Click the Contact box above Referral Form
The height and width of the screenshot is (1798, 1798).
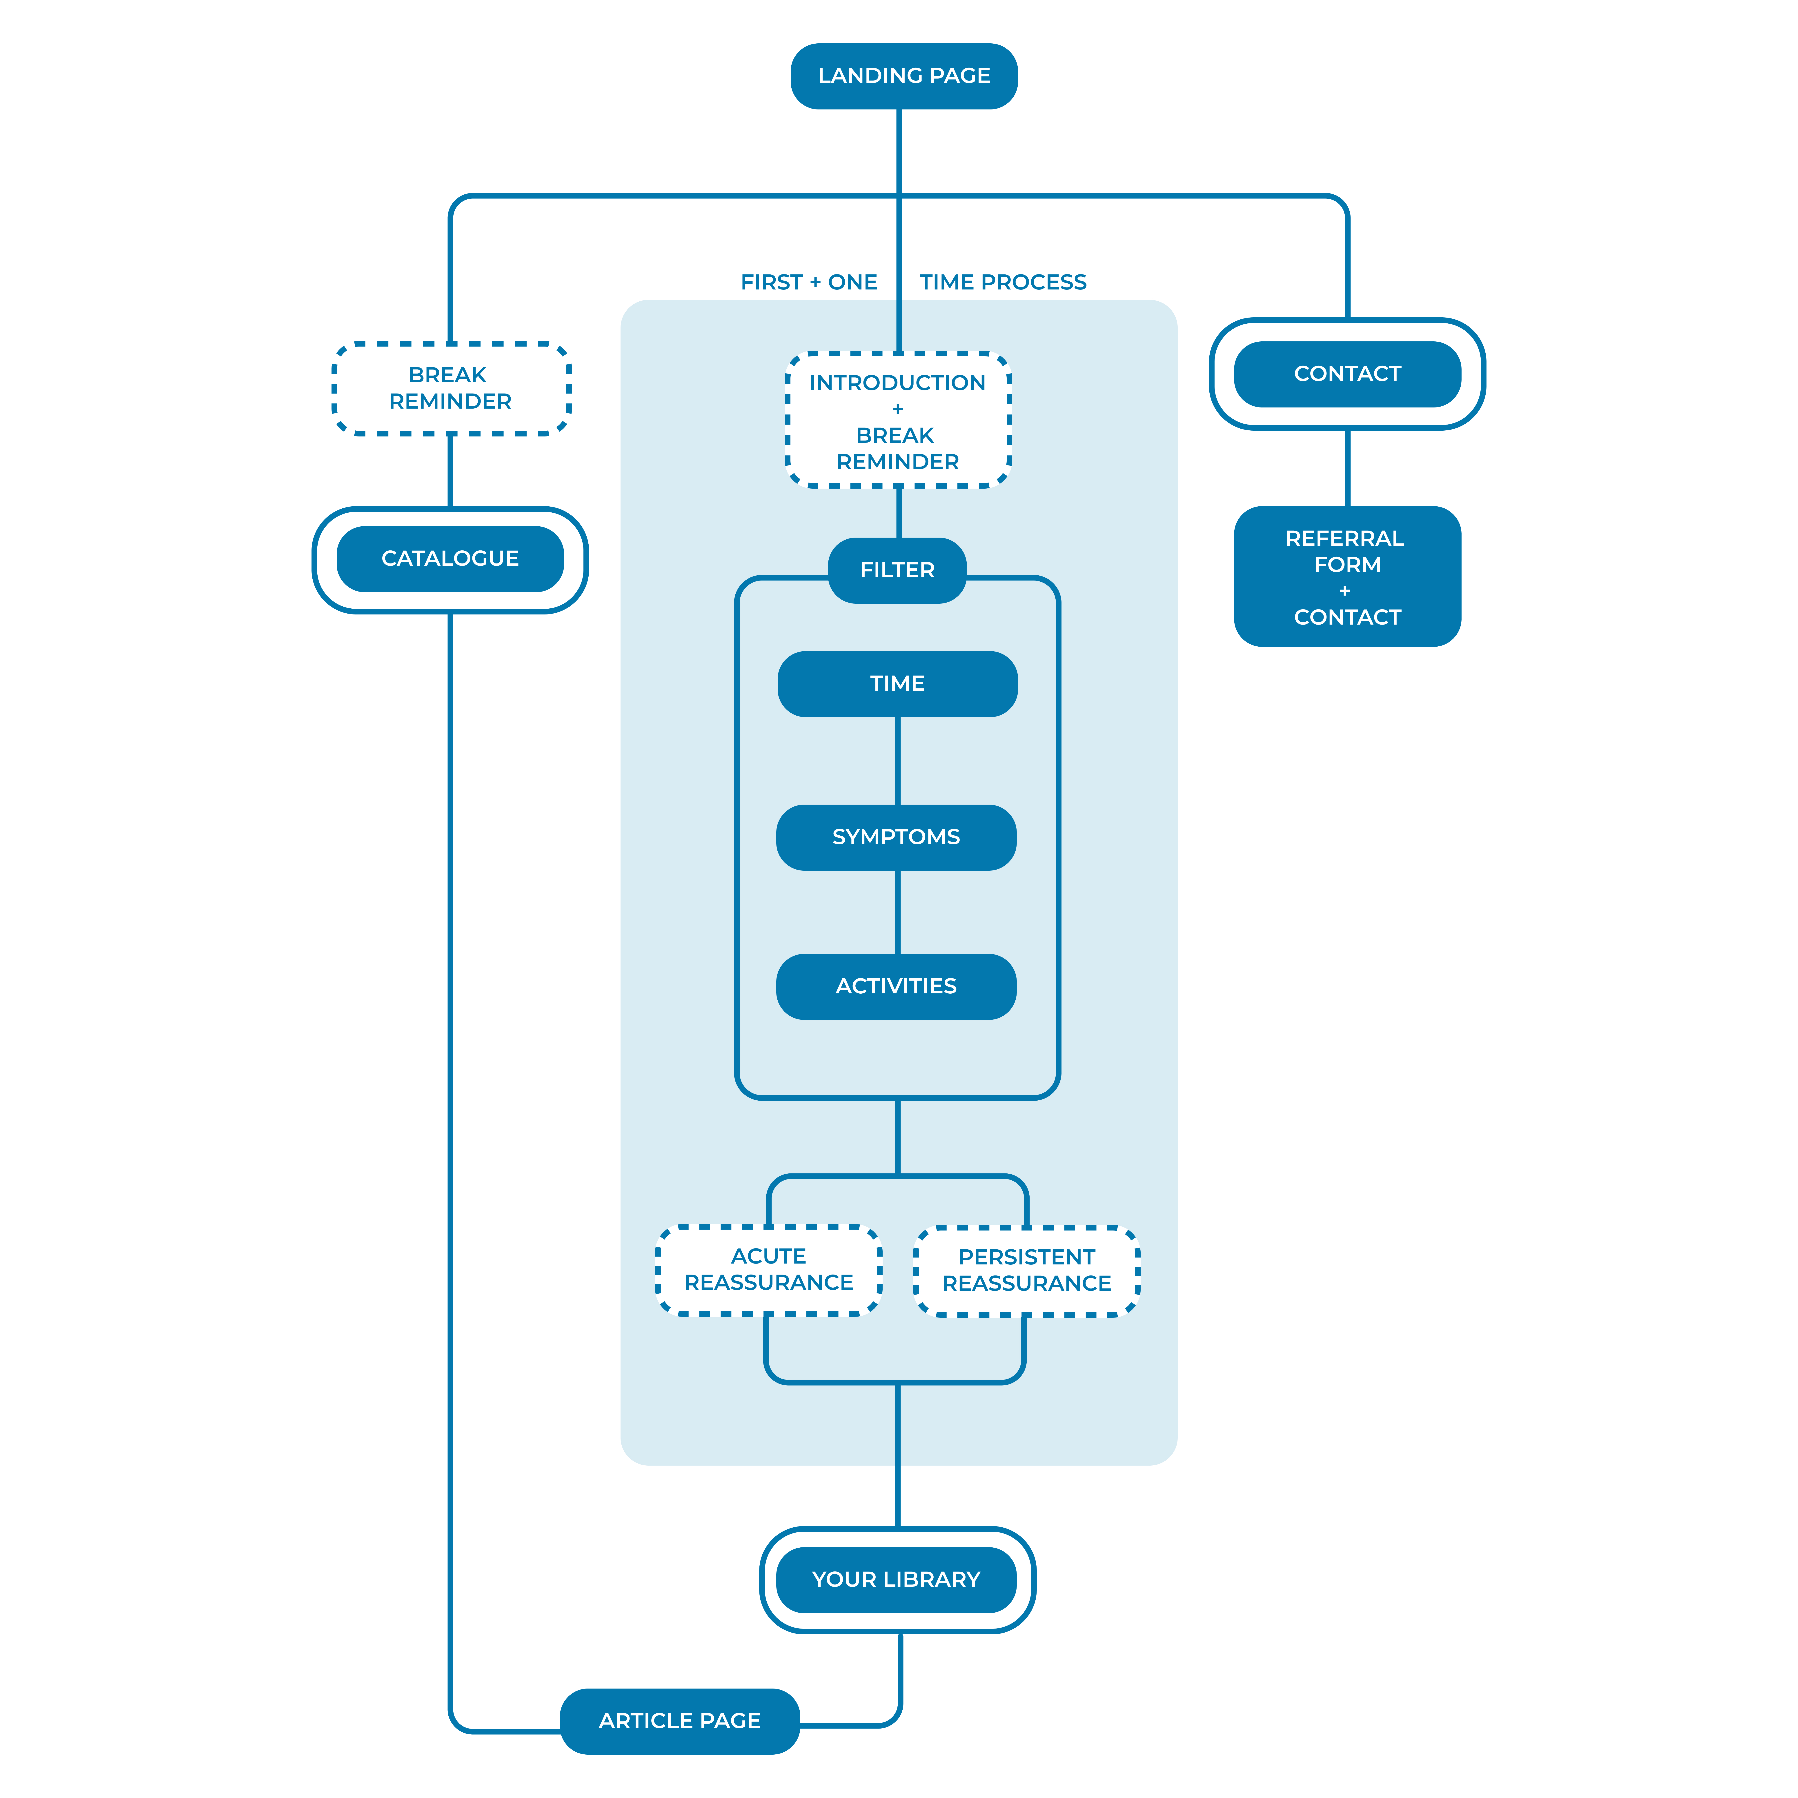point(1347,374)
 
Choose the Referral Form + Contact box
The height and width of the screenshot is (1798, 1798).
point(1347,577)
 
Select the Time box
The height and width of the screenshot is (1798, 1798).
point(897,684)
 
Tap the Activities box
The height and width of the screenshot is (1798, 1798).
point(896,986)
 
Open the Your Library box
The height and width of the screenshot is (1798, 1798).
point(896,1579)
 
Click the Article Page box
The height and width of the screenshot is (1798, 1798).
point(679,1721)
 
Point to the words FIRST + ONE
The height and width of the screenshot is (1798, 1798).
point(809,282)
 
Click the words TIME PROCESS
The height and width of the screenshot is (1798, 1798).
point(1003,282)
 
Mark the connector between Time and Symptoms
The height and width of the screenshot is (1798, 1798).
point(897,760)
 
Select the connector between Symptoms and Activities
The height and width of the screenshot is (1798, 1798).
point(897,912)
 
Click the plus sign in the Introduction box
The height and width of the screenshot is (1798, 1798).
point(897,409)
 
